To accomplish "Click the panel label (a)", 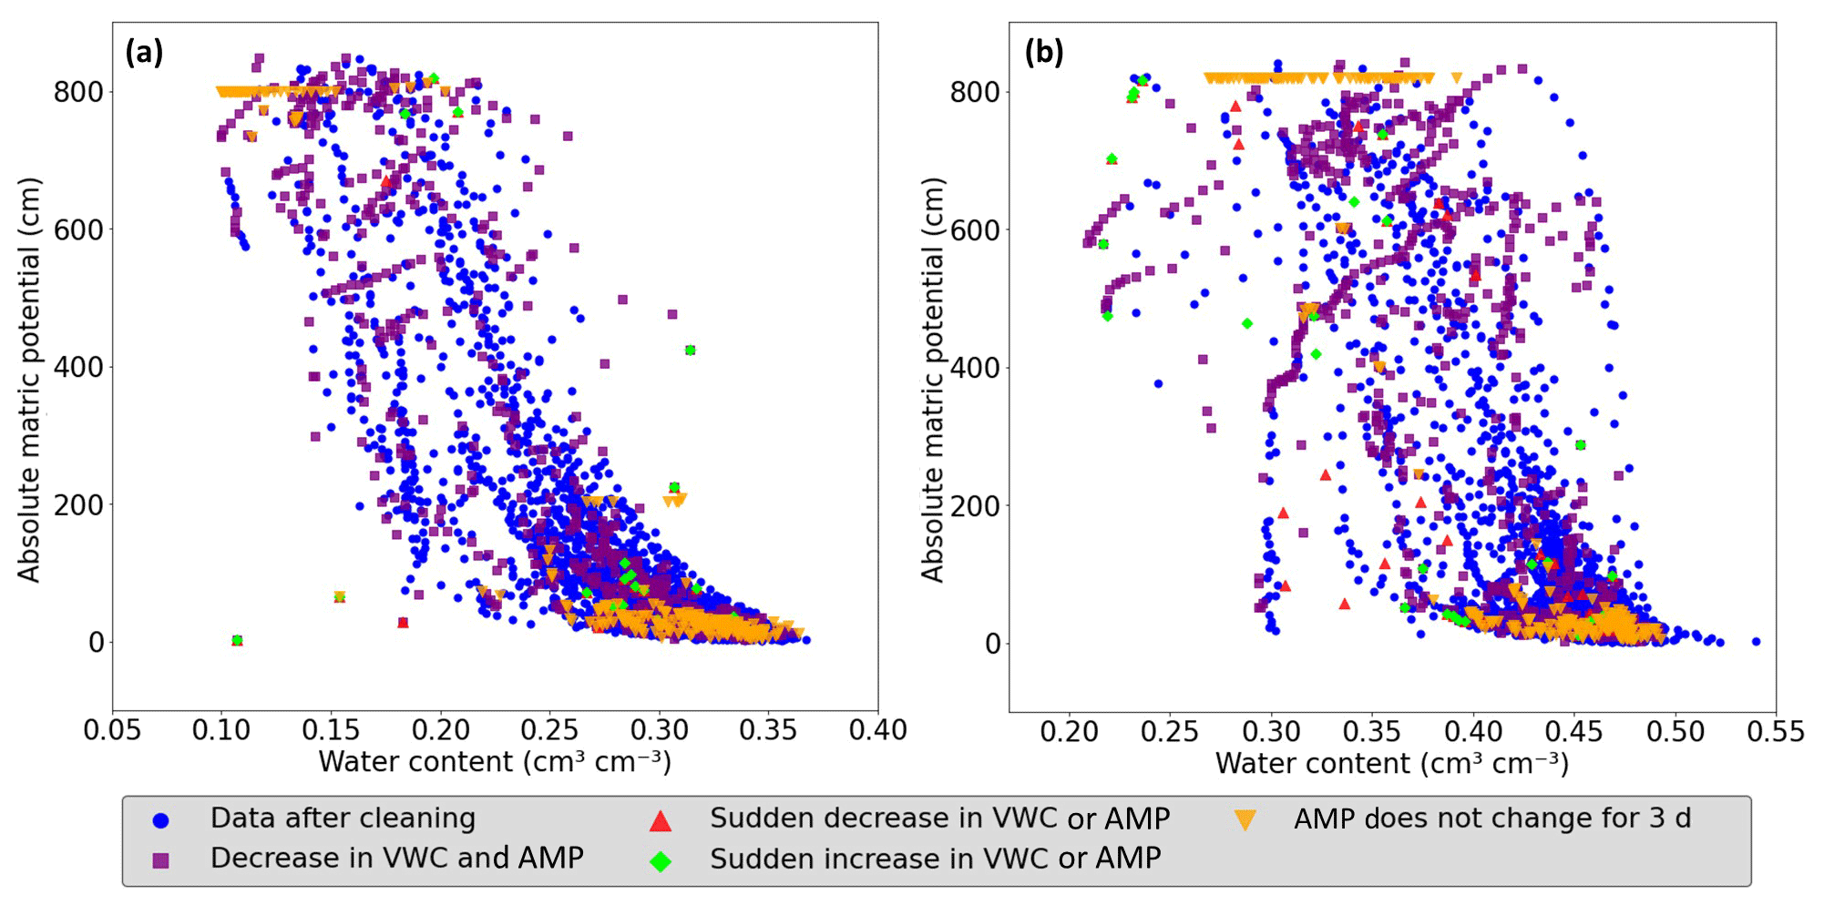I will [x=144, y=53].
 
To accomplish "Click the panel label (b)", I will [x=1043, y=53].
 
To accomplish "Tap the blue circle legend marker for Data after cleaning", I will [x=161, y=820].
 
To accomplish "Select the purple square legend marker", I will [x=161, y=859].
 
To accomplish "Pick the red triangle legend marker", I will [x=661, y=821].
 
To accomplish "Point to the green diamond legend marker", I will [x=661, y=860].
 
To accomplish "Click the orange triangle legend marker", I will [x=1245, y=819].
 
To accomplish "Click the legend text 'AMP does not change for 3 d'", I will [x=1491, y=819].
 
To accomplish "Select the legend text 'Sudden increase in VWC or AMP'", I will [x=936, y=859].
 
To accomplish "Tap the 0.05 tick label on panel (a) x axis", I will [x=112, y=730].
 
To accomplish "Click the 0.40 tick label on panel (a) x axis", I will [x=877, y=730].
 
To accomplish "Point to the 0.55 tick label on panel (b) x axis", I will [x=1775, y=732].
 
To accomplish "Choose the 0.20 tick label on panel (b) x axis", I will [x=1069, y=732].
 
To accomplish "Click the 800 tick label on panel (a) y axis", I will [x=78, y=92].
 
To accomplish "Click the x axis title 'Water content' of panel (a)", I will [x=495, y=762].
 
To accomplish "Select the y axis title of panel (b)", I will [x=932, y=380].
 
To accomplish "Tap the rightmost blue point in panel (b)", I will [x=1756, y=642].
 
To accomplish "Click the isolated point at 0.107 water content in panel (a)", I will [x=237, y=640].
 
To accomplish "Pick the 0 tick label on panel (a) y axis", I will [x=96, y=643].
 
